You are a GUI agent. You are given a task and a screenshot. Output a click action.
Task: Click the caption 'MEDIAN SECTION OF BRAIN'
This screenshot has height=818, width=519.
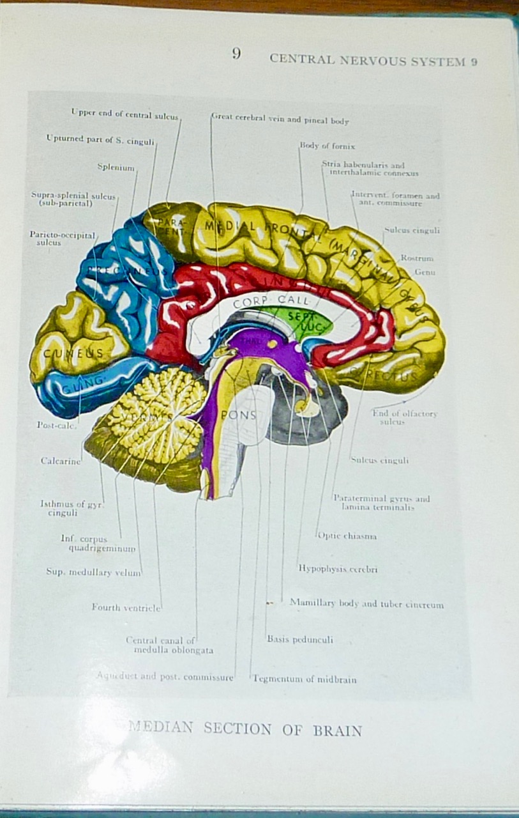click(x=245, y=729)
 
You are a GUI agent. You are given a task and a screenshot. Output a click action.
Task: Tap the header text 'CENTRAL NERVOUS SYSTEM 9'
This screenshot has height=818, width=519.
click(x=373, y=60)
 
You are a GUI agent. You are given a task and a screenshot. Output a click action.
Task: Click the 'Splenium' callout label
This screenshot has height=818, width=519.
click(x=116, y=167)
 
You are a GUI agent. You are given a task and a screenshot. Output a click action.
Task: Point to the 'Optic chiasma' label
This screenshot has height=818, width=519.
click(x=347, y=536)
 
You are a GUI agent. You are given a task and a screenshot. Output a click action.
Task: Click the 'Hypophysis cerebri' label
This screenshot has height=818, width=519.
click(x=338, y=569)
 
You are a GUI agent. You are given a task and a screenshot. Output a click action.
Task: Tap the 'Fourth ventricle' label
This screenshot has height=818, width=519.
click(x=126, y=607)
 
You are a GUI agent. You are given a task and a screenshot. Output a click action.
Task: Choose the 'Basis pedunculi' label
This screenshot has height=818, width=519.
click(x=299, y=639)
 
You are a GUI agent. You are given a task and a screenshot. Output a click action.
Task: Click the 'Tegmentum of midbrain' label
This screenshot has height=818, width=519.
click(x=305, y=679)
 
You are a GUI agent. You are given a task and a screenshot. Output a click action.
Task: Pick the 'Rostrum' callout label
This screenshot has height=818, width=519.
click(x=417, y=258)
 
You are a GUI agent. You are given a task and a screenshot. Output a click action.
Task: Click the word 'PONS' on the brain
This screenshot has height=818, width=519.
click(x=238, y=415)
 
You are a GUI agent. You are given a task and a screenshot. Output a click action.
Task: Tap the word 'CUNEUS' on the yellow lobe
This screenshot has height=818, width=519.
click(x=73, y=353)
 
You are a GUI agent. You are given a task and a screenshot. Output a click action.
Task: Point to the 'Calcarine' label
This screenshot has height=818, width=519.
click(x=61, y=461)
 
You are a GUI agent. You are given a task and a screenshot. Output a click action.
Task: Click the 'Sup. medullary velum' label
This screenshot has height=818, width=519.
click(x=93, y=573)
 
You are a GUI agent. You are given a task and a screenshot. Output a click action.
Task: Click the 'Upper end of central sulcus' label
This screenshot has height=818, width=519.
click(x=124, y=114)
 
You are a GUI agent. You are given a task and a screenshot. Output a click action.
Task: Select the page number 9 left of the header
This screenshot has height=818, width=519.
click(x=236, y=54)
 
